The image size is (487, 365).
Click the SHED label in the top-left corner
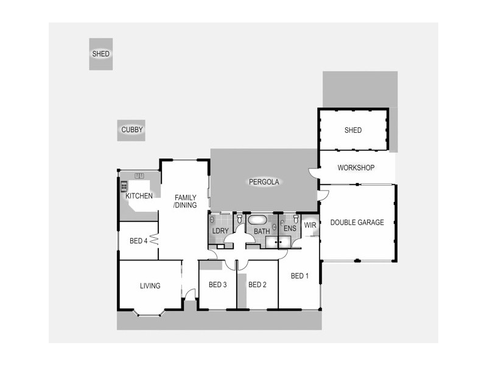click(101, 54)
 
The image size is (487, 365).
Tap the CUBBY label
click(131, 130)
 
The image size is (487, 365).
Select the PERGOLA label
click(264, 182)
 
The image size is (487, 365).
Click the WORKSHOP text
click(356, 168)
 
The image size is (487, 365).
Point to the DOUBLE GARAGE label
click(357, 223)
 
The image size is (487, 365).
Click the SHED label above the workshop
click(353, 130)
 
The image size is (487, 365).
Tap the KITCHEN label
click(139, 196)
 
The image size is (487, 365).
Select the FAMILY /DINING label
click(185, 201)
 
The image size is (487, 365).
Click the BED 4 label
click(139, 241)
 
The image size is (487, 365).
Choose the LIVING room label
click(150, 286)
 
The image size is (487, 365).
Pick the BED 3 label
click(217, 285)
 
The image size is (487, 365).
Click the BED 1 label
click(300, 276)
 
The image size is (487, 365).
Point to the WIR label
click(310, 225)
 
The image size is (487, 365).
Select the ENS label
click(289, 229)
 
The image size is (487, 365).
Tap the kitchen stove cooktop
click(124, 187)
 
